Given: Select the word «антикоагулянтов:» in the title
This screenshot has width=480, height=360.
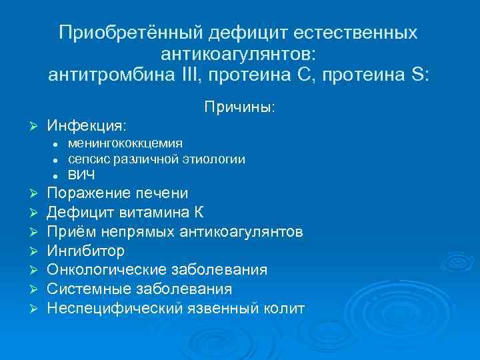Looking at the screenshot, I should [x=239, y=53].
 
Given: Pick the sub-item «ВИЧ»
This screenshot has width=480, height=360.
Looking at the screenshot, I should [x=81, y=175].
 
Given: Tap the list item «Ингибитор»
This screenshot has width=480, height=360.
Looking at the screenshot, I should [x=85, y=251].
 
